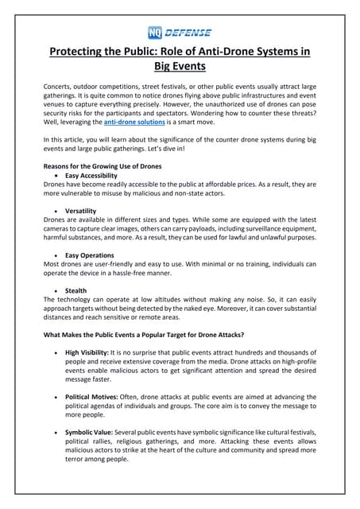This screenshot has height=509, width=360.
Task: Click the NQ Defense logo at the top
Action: (180, 33)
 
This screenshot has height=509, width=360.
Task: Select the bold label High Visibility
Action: (90, 352)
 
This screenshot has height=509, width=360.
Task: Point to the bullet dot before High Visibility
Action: (55, 352)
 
